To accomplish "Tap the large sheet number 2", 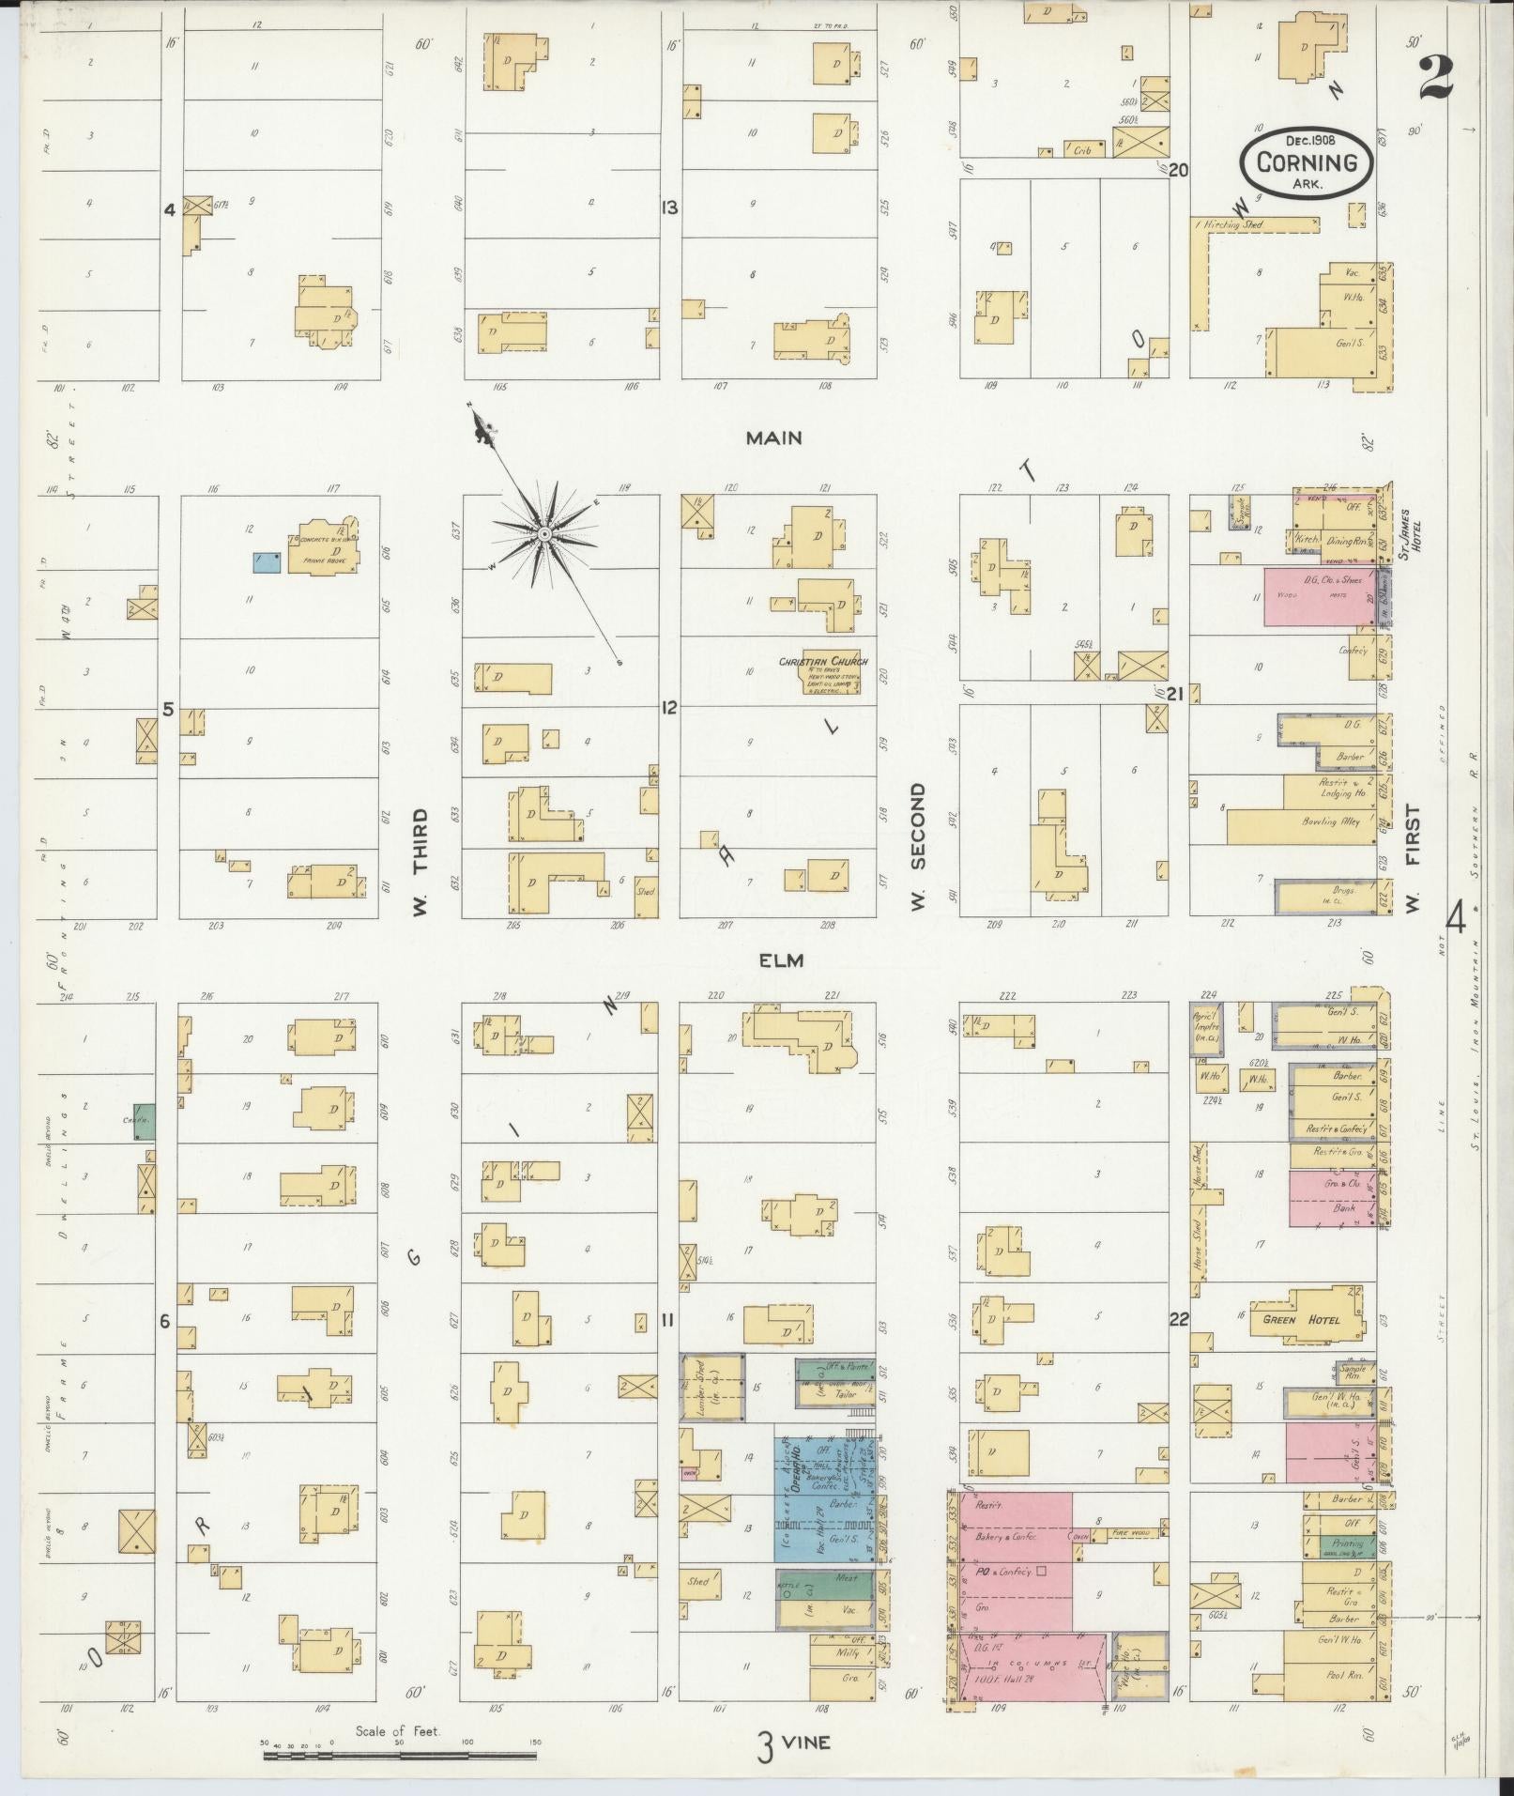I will (x=1436, y=77).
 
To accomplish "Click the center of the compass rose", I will (x=543, y=533).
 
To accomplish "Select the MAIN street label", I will (x=773, y=437).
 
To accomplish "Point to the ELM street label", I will (x=777, y=959).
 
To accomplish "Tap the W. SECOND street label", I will (x=918, y=845).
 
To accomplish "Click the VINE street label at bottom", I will (x=805, y=1742).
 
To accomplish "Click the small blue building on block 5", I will (x=267, y=561).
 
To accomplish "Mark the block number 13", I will (x=669, y=207).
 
